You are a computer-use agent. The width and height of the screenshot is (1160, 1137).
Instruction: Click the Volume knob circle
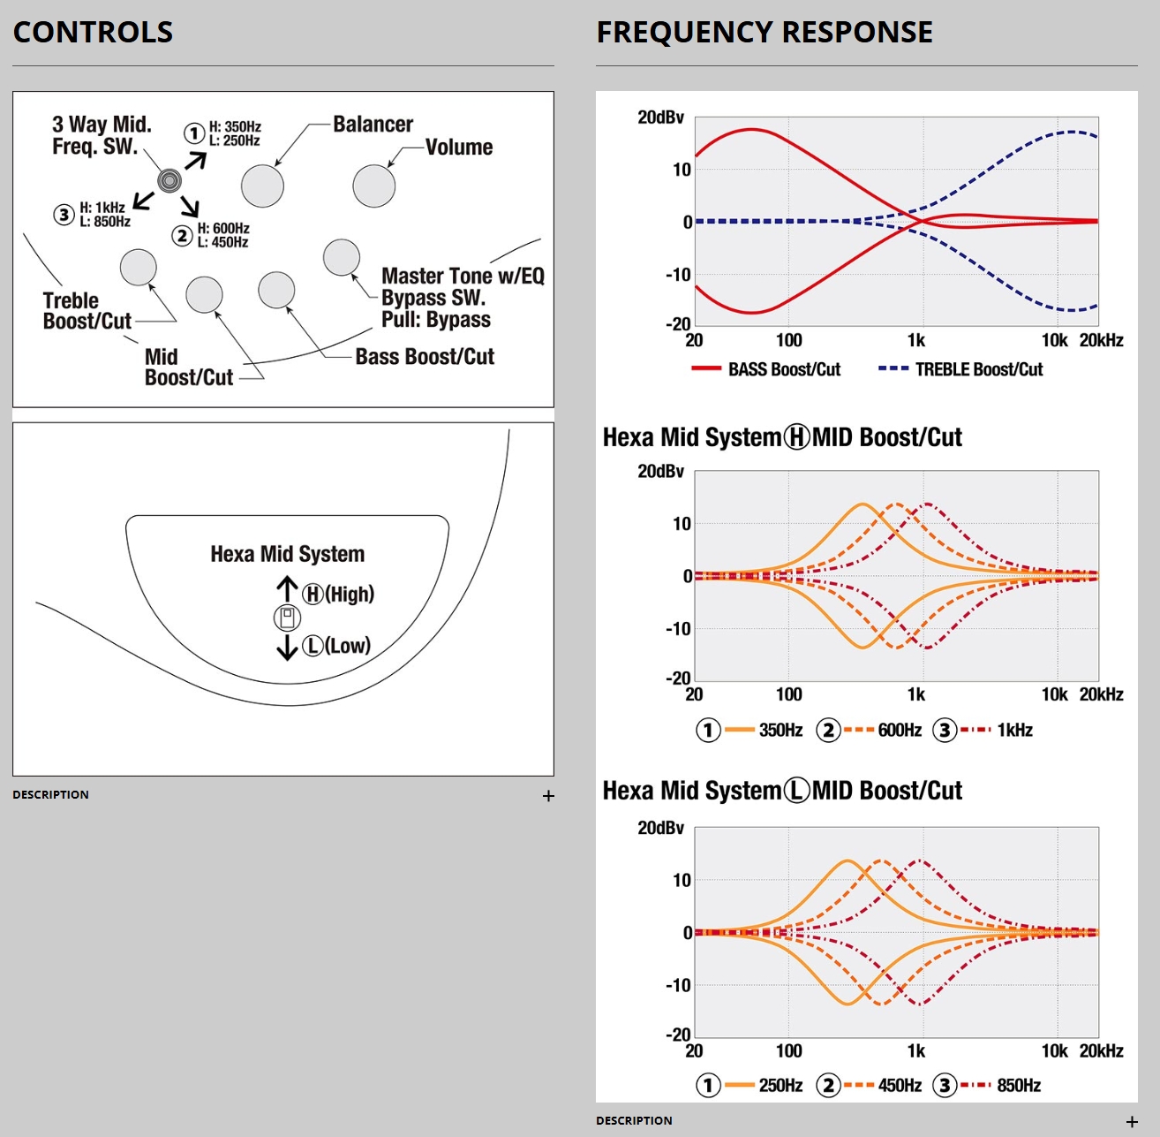373,186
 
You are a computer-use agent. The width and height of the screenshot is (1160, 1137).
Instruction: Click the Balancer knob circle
262,186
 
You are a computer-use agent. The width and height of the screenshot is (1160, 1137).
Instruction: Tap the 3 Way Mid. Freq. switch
169,180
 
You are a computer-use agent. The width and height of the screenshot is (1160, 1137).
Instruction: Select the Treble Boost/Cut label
87,311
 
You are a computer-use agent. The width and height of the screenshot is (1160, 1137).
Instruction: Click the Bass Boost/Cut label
425,357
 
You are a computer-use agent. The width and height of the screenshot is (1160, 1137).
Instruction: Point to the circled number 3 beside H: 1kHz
64,215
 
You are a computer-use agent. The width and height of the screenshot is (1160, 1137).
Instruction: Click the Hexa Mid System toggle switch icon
287,618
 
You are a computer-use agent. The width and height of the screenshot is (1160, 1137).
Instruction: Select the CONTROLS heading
93,33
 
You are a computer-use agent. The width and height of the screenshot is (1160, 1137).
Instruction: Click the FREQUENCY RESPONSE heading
765,33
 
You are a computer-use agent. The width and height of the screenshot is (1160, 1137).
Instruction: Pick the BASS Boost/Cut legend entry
766,369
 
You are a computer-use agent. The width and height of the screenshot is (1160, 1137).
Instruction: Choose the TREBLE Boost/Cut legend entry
960,369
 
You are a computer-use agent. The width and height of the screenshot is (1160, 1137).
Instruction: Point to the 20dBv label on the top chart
660,117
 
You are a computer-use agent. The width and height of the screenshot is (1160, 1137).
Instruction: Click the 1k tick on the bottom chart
916,1051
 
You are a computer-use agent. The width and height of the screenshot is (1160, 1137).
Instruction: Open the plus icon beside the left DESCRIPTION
548,796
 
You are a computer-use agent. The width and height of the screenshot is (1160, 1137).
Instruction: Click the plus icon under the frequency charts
1132,1122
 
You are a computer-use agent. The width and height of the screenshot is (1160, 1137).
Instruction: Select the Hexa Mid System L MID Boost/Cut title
782,791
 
